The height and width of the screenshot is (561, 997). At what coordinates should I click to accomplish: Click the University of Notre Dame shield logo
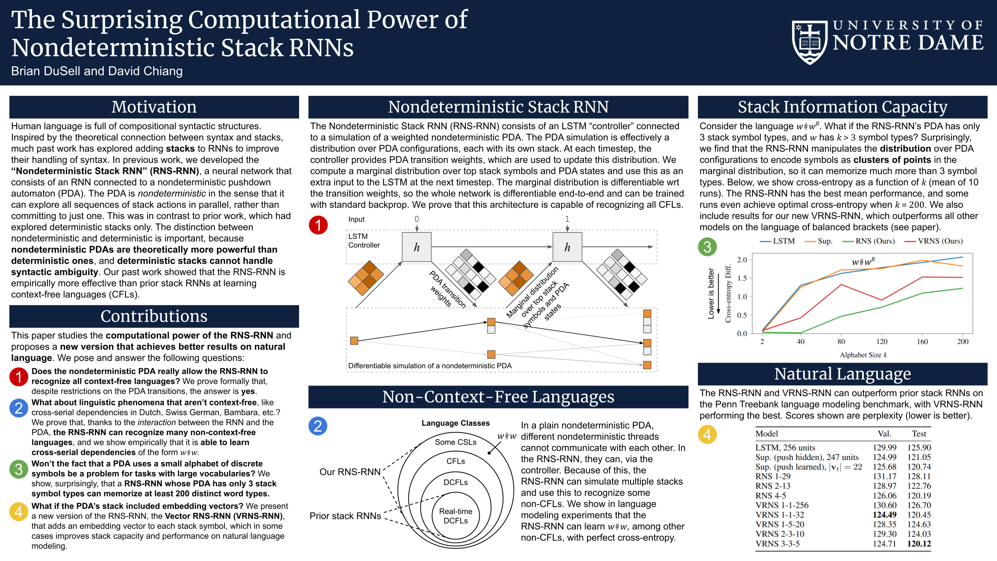[x=810, y=42]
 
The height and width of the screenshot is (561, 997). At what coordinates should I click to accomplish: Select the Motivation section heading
[x=154, y=107]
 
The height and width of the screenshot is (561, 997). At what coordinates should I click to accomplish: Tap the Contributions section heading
[x=154, y=316]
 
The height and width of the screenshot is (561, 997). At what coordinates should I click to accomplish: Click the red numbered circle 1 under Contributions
[x=19, y=376]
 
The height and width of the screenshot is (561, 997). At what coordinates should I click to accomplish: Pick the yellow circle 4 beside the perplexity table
[x=707, y=434]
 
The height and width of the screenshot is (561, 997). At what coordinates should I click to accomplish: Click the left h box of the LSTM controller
[x=416, y=247]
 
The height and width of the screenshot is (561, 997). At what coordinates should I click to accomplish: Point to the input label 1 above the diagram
[x=567, y=219]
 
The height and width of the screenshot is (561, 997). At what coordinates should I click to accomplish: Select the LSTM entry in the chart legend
[x=778, y=241]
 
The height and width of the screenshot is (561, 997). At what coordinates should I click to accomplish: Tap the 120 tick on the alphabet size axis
[x=882, y=342]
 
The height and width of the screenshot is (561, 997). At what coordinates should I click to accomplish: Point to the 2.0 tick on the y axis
[x=742, y=260]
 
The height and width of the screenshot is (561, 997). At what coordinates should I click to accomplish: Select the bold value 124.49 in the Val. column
[x=884, y=515]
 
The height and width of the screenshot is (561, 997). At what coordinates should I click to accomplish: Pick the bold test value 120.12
[x=919, y=543]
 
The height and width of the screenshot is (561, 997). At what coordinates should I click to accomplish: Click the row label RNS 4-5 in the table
[x=770, y=496]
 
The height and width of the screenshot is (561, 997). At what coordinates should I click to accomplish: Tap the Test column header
[x=919, y=434]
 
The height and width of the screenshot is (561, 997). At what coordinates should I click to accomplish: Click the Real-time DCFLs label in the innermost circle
[x=455, y=516]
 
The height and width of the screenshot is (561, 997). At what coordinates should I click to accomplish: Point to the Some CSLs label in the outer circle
[x=455, y=442]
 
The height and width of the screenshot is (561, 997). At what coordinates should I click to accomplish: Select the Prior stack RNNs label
[x=345, y=516]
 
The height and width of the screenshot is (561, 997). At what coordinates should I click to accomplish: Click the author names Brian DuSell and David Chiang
[x=97, y=71]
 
